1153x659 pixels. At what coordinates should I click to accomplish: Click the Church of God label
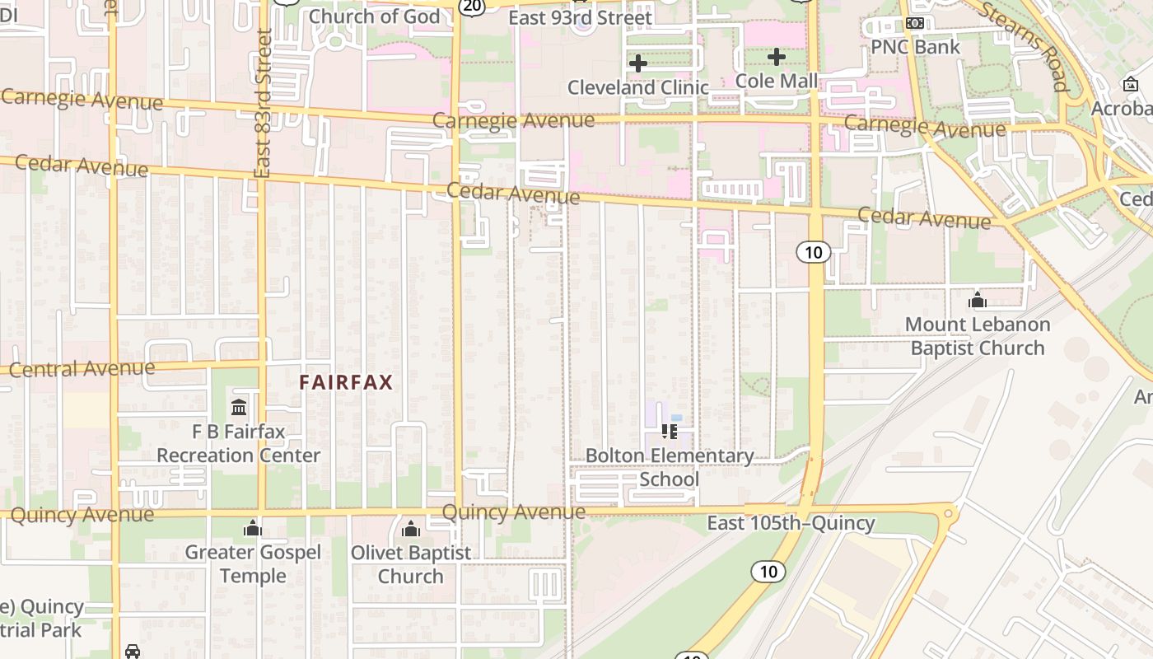tap(374, 16)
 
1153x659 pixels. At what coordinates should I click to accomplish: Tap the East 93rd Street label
tap(581, 17)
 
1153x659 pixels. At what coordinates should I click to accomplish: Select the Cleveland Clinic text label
tap(638, 87)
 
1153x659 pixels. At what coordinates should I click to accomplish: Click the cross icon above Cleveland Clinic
tap(637, 63)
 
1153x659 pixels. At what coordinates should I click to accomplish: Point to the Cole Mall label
tap(777, 81)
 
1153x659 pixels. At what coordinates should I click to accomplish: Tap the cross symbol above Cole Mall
tap(776, 57)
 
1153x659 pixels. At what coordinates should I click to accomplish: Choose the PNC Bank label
tap(916, 46)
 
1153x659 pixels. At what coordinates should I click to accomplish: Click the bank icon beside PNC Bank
tap(914, 23)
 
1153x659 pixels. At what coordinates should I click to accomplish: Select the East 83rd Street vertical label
tap(264, 103)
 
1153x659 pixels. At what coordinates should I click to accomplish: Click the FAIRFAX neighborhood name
tap(346, 382)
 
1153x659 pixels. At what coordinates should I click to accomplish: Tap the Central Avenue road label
tap(82, 368)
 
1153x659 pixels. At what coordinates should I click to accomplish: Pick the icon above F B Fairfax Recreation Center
tap(239, 407)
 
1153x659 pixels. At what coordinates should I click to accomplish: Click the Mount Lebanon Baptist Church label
tap(978, 336)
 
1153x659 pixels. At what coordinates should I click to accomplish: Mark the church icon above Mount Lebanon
tap(978, 300)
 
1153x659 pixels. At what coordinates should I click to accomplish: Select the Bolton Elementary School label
tap(669, 467)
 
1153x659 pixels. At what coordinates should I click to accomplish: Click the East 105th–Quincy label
tap(791, 523)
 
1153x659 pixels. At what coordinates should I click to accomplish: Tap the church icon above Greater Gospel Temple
tap(253, 528)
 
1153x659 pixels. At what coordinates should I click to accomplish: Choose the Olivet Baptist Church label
tap(411, 564)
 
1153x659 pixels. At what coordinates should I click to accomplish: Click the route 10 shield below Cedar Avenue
tap(813, 252)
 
